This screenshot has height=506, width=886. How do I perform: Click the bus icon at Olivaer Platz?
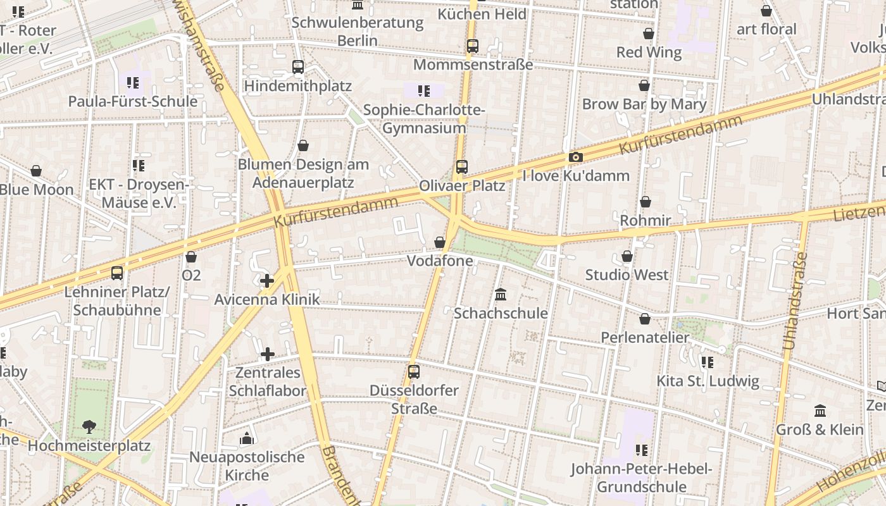point(462,167)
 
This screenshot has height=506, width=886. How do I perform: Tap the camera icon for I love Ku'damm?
point(575,157)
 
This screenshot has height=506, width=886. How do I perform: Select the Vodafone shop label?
point(440,261)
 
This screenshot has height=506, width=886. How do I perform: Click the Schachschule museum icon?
point(501,294)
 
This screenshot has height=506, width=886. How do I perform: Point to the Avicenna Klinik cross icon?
point(267,280)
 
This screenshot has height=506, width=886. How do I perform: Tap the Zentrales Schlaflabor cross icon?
point(268,354)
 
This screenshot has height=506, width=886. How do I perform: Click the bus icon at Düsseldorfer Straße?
point(414,371)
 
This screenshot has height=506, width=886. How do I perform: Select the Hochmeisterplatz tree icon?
point(89,427)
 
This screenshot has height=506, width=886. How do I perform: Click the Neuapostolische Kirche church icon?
point(247,438)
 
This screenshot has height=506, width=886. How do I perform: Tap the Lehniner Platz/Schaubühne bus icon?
point(117,273)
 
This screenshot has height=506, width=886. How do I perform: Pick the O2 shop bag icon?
point(191,257)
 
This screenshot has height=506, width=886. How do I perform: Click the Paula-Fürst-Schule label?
point(133,101)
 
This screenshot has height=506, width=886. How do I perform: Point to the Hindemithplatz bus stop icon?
point(297,66)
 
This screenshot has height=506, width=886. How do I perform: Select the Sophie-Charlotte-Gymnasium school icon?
point(424,91)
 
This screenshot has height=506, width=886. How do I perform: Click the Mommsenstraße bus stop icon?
point(473,46)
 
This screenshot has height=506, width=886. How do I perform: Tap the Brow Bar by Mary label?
point(644,104)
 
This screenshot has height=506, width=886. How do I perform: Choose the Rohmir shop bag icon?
point(646,202)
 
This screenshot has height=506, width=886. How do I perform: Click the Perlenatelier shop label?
point(645,337)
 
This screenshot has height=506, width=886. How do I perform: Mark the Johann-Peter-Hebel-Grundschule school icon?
point(642,450)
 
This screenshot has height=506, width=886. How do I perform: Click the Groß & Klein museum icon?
point(820,410)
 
